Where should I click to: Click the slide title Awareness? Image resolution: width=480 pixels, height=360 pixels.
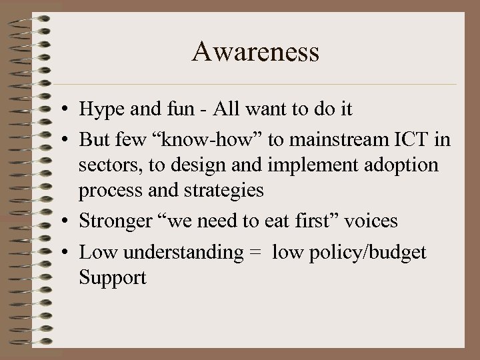click(x=255, y=51)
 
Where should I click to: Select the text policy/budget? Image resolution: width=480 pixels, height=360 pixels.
click(x=369, y=253)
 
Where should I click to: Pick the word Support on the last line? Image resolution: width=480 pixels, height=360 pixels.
click(x=112, y=277)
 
